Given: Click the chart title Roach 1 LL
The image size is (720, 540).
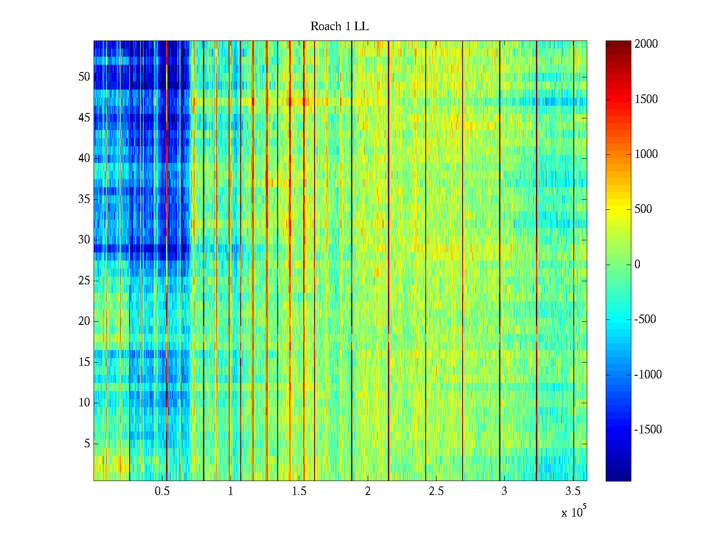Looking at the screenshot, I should [339, 27].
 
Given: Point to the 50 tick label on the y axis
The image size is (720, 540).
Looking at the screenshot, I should [84, 76].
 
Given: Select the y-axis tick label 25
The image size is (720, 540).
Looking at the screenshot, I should [84, 280].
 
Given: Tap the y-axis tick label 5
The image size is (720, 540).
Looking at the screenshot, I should [87, 444].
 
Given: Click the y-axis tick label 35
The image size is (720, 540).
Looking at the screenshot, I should [84, 199].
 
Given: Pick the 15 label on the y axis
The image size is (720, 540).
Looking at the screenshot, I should [84, 362].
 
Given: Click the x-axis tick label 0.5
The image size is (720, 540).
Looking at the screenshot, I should [162, 491].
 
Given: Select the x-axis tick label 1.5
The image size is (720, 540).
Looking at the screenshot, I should [299, 491].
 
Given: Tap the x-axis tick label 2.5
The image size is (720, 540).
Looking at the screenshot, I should [436, 491].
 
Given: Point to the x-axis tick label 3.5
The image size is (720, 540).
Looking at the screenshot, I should [573, 491].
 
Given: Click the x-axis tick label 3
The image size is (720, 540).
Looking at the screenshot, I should [504, 491].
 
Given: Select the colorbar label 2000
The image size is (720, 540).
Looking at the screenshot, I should [646, 44].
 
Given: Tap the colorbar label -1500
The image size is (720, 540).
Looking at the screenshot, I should [648, 429].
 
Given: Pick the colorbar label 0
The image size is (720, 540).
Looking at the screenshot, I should [637, 264].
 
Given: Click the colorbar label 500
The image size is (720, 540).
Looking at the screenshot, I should [643, 209].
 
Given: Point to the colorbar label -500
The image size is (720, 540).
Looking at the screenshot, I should [645, 319].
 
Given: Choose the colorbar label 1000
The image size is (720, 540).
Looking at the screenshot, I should [646, 154].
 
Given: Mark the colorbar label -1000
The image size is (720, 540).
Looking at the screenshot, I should [648, 374].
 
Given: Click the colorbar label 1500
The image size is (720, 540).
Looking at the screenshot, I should [646, 99].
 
